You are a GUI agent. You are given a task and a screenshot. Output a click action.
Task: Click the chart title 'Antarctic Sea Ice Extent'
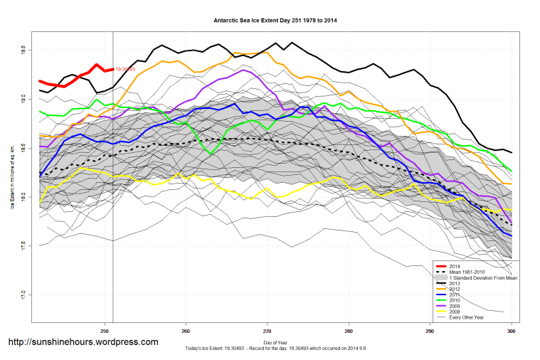tap(275, 21)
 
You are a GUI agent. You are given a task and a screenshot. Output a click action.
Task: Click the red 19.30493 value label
tap(125, 69)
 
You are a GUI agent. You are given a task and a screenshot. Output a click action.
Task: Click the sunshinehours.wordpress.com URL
tap(83, 342)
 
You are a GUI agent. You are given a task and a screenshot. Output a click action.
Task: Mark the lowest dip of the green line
tap(209, 152)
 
